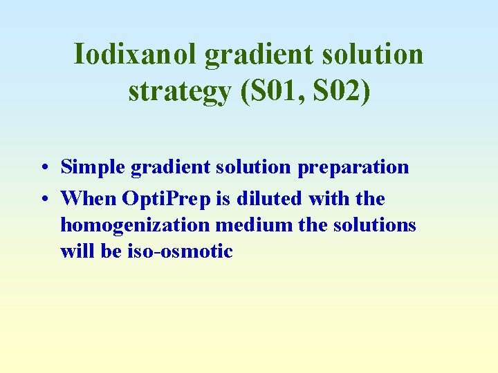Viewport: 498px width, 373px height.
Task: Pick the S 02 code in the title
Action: [340, 91]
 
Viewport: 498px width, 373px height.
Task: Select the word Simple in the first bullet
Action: [91, 167]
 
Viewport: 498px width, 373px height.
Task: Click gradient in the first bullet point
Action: [163, 167]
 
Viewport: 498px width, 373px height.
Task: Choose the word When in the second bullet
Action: [89, 199]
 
